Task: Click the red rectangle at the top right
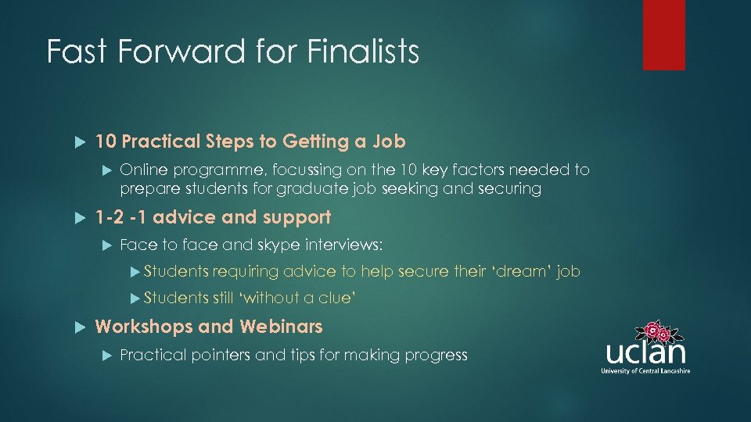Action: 663,35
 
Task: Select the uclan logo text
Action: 645,351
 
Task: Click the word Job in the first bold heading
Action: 389,141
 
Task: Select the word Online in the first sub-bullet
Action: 144,170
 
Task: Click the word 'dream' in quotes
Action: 523,271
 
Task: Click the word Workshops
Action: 144,326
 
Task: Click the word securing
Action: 512,189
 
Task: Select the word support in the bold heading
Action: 299,217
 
